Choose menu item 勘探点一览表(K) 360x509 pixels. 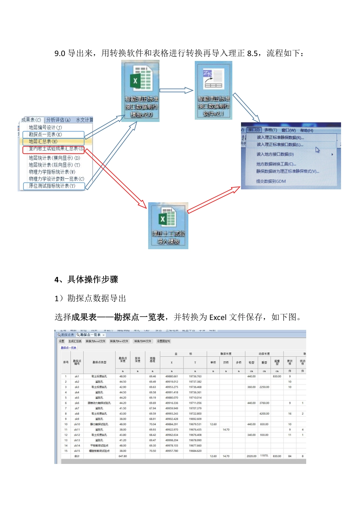click(x=45, y=134)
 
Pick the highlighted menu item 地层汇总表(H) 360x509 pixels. click(x=43, y=141)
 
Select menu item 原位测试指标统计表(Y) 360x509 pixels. click(x=52, y=186)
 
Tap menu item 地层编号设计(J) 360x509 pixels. click(x=45, y=128)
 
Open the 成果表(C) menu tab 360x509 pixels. click(x=31, y=120)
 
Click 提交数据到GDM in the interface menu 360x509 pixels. click(x=271, y=181)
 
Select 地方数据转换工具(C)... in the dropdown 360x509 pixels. click(x=276, y=164)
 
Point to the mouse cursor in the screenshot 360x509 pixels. click(x=318, y=150)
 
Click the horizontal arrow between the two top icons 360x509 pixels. click(x=177, y=91)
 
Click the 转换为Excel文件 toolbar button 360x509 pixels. click(x=95, y=341)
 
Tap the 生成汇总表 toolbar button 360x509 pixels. click(x=75, y=341)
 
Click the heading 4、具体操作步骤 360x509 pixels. click(x=86, y=279)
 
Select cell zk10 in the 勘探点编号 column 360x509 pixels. click(x=77, y=424)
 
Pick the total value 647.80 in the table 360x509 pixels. click(x=123, y=456)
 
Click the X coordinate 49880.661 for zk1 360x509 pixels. click(x=172, y=376)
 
